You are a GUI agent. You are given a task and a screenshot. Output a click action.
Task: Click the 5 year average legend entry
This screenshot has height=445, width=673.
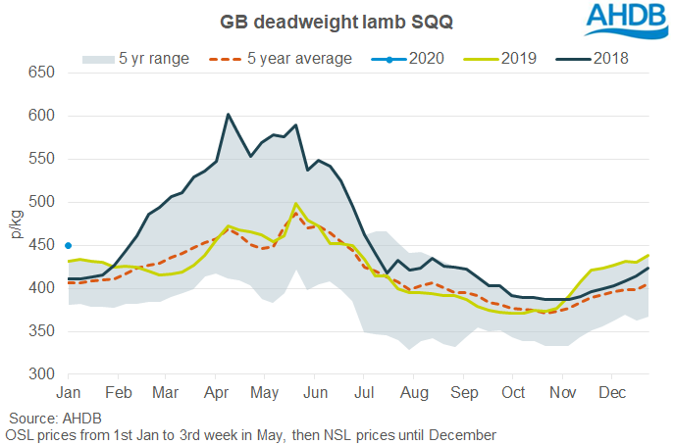coord(281,59)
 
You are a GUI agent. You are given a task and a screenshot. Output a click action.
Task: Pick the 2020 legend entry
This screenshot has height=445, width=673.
coord(418,59)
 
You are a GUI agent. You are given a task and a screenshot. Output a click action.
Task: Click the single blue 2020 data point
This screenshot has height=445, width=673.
coord(68,245)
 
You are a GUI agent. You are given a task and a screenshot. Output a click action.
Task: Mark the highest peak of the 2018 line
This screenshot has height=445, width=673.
coord(228,115)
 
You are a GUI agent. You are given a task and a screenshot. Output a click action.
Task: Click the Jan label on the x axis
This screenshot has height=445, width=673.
coord(68,393)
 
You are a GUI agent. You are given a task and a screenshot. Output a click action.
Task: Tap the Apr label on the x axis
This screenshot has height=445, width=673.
coord(217,393)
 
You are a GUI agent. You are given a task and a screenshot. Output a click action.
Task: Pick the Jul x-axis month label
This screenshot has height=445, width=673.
coord(364,393)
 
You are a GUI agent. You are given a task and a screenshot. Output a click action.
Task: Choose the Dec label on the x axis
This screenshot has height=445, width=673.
coord(612,393)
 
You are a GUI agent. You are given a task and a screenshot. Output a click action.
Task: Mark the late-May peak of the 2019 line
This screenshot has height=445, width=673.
coord(295,204)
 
